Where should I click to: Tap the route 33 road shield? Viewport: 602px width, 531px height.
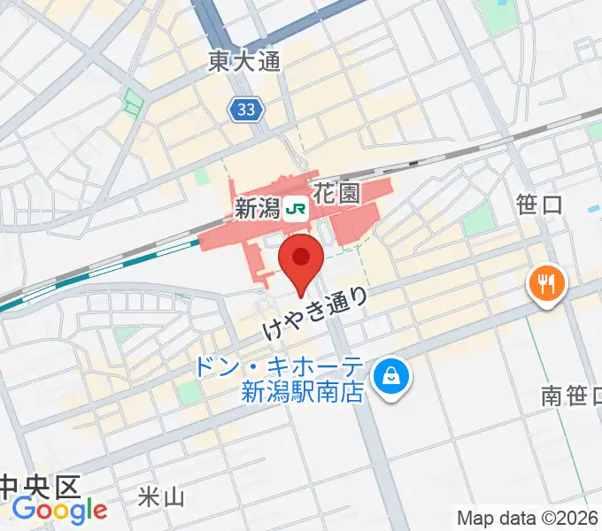pyautogui.click(x=246, y=110)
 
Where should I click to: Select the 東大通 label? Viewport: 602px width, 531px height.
pyautogui.click(x=244, y=61)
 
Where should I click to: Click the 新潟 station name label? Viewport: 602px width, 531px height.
pyautogui.click(x=258, y=209)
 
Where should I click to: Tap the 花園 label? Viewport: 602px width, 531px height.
pyautogui.click(x=337, y=195)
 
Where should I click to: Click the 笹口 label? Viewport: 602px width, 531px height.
pyautogui.click(x=539, y=205)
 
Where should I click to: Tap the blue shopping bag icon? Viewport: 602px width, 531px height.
pyautogui.click(x=390, y=377)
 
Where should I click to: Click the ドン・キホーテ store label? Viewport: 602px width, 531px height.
pyautogui.click(x=292, y=365)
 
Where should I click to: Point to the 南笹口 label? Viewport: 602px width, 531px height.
pyautogui.click(x=571, y=396)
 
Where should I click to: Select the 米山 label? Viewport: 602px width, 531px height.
pyautogui.click(x=162, y=496)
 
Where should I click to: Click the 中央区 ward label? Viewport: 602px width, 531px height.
pyautogui.click(x=40, y=486)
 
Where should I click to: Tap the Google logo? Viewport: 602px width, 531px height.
pyautogui.click(x=59, y=511)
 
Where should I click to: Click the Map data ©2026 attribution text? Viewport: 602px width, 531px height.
pyautogui.click(x=529, y=517)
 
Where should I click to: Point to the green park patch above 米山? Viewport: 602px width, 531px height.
pyautogui.click(x=189, y=391)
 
